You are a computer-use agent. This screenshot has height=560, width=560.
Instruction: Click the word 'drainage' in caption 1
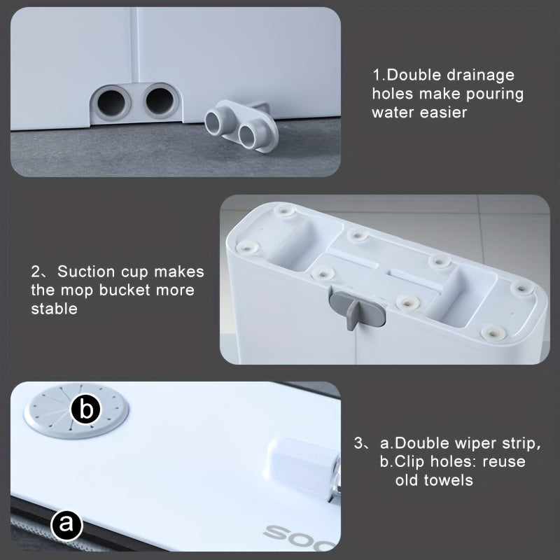(480, 76)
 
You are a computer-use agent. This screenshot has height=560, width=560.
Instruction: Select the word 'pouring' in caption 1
(495, 94)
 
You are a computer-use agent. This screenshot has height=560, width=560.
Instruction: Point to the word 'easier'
(443, 113)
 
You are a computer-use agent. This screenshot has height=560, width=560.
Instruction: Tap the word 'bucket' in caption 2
(125, 290)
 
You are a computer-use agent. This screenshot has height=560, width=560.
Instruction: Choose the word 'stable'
(55, 309)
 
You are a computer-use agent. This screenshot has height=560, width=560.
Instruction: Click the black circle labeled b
(85, 409)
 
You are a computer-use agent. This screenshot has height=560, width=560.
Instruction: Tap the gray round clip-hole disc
(76, 411)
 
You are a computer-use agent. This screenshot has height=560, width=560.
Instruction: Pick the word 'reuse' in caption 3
(504, 462)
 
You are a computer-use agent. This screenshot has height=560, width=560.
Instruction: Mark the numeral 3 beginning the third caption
(358, 443)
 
